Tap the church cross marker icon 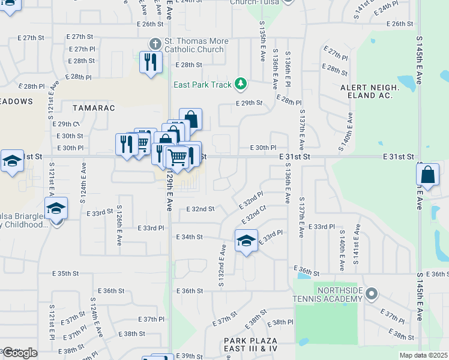pos(155,44)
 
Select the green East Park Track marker pos(241,84)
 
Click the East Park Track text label pos(202,85)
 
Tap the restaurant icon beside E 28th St pos(150,62)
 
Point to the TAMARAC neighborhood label pos(93,108)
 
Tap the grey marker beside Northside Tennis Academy pos(372,294)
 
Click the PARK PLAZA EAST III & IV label pos(251,344)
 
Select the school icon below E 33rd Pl pos(246,241)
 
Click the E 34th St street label pos(190,237)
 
